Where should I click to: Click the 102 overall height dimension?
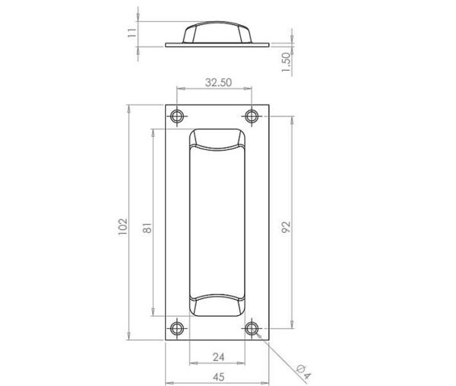[123, 227]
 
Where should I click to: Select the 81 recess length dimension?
[147, 228]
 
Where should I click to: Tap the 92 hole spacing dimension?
[287, 227]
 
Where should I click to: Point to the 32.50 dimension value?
[218, 82]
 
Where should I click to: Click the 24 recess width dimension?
[218, 357]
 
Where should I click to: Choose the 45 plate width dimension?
[218, 377]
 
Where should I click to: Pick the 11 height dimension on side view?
[132, 33]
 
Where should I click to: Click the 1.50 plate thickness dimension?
[287, 62]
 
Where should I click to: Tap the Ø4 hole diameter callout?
[303, 372]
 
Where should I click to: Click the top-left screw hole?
[177, 116]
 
